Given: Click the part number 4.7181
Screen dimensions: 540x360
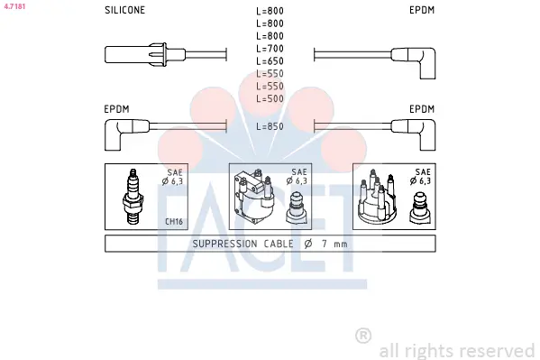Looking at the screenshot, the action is click(14, 6).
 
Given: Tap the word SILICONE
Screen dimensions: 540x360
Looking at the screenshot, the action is click(124, 10).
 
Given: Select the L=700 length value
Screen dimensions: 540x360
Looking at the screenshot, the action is click(270, 49).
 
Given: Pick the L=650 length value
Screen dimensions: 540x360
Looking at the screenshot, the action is click(270, 61).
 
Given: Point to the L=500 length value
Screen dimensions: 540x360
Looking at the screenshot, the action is click(270, 98).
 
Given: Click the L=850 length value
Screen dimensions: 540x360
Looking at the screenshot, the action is click(270, 126).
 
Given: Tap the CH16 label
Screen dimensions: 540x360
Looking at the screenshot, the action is click(174, 221).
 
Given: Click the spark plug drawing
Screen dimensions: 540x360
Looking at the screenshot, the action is click(133, 197).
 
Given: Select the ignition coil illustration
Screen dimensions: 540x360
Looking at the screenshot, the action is click(254, 196).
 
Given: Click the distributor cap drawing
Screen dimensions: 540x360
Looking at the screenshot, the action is click(378, 198).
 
